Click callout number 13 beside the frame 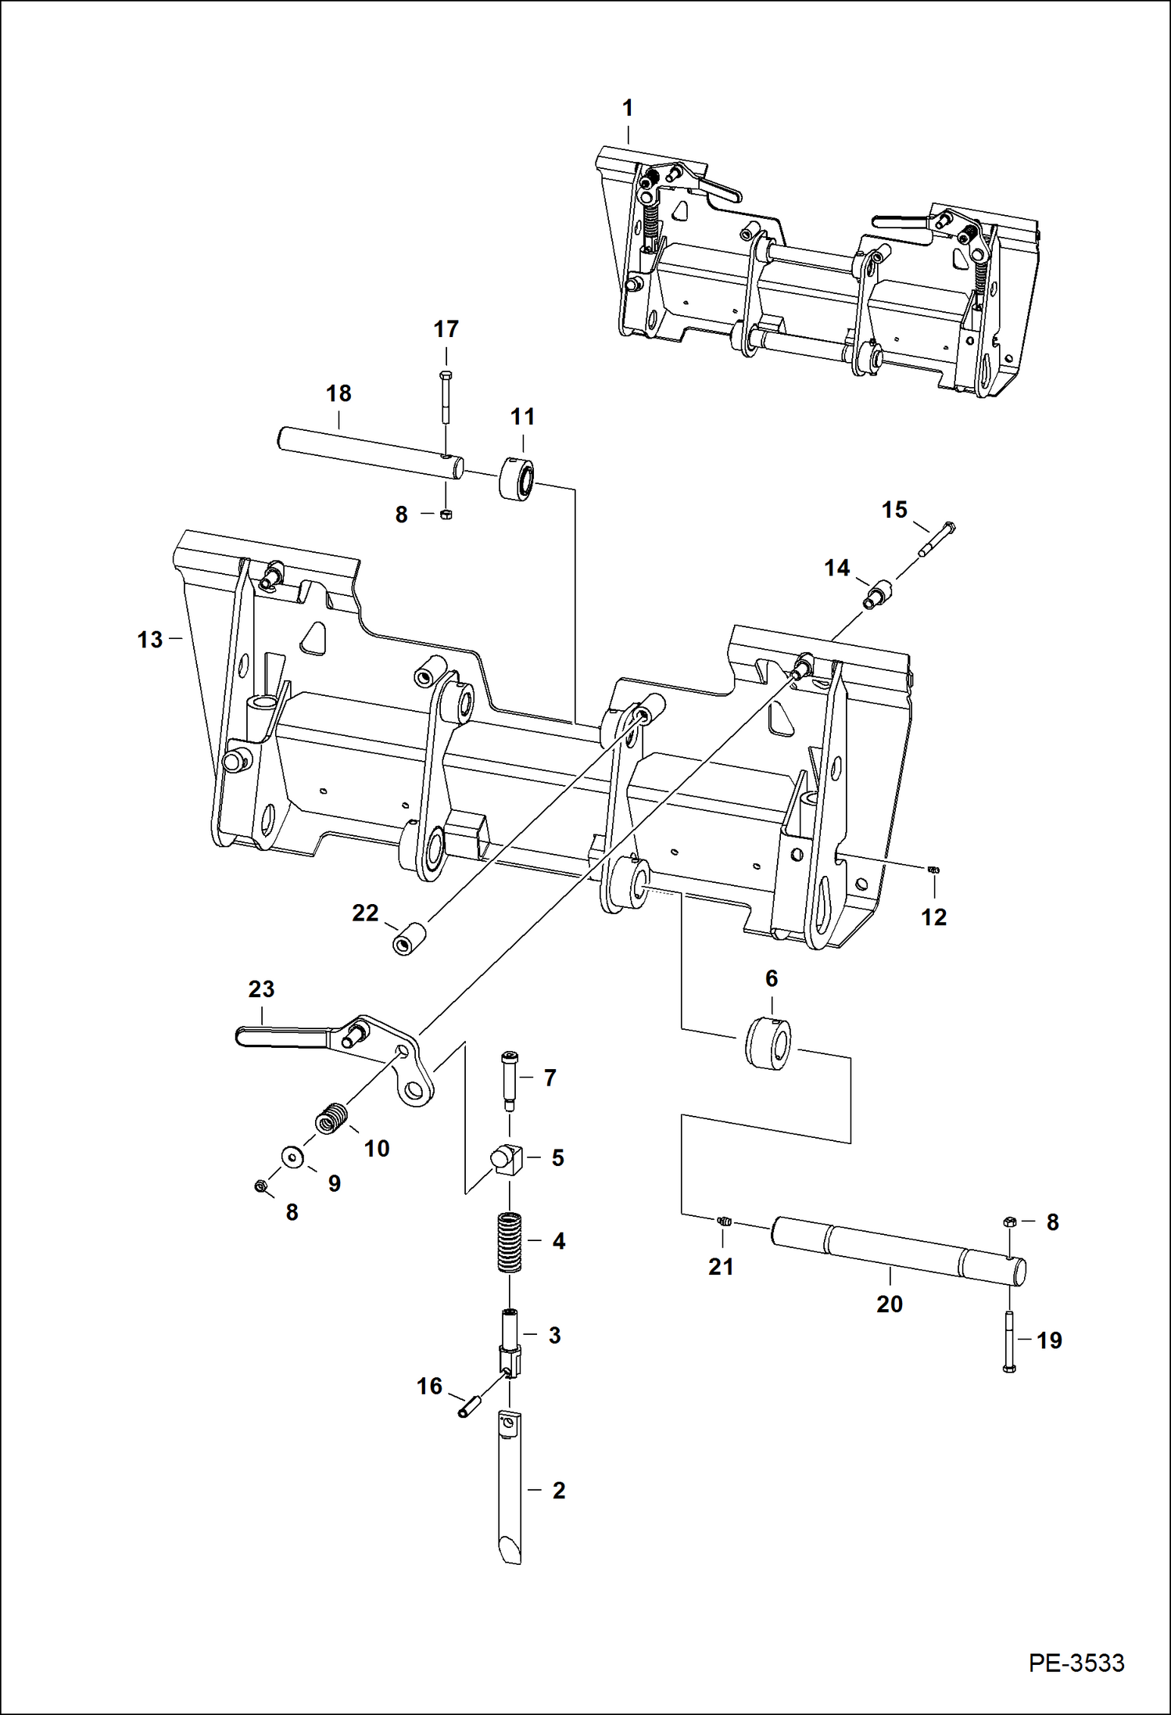point(149,639)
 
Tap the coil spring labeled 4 point(510,1241)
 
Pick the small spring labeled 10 point(332,1121)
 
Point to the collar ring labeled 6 point(767,1043)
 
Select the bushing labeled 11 point(517,478)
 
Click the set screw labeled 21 point(723,1221)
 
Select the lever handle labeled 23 point(281,1037)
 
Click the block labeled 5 point(507,1157)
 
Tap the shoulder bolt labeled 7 point(509,1079)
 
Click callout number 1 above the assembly point(627,108)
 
